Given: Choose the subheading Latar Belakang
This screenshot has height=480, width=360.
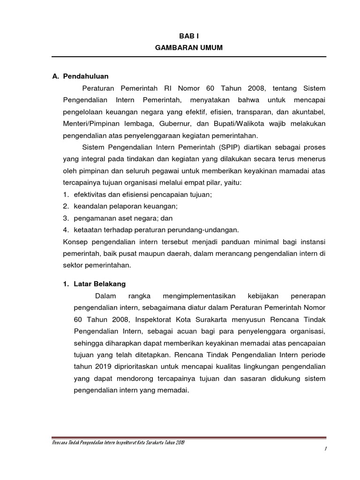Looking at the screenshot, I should click(x=99, y=284).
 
